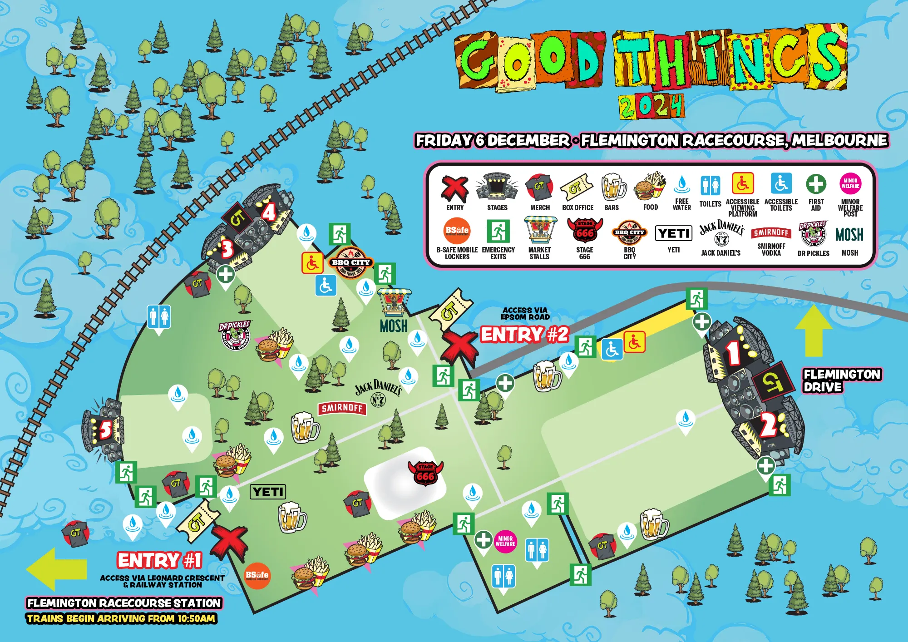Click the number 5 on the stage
coord(105,430)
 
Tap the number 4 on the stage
coord(269,212)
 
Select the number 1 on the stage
coord(733,353)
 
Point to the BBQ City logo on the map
coord(351,263)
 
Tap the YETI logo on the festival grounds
coord(268,492)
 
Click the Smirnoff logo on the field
coord(342,408)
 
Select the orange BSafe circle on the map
coord(257,576)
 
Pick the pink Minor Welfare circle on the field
coord(505,541)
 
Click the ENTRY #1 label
coord(159,560)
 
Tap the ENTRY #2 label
coord(524,335)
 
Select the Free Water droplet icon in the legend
coord(681,185)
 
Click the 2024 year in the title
coord(651,107)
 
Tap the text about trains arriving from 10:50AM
coord(121,618)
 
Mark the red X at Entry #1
coord(229,542)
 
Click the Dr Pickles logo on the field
coord(235,335)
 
